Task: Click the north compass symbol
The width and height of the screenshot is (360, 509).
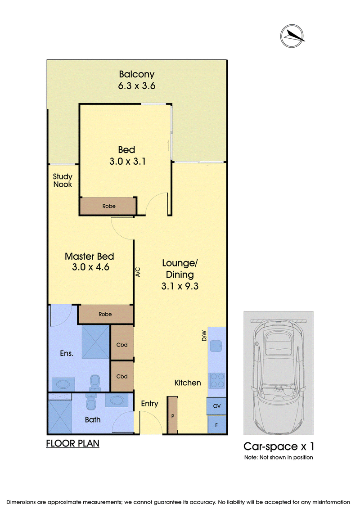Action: pos(292,36)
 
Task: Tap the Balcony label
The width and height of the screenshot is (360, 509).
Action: pos(136,74)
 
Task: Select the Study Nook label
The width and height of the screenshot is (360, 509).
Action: pos(63,180)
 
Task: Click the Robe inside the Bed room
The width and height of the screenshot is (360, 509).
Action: pos(108,206)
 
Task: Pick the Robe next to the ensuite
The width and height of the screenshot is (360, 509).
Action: pos(105,314)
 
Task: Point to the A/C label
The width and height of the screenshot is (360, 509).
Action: pos(138,272)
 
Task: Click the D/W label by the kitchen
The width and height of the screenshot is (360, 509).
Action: pos(204,336)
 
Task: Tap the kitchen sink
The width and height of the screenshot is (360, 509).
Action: pos(216,346)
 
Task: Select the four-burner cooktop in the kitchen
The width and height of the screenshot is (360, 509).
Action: pos(217,380)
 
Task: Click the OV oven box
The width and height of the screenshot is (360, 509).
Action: pos(216,406)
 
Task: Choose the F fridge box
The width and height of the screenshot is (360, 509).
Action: pos(216,424)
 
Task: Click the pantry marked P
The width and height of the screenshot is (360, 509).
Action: pos(173,415)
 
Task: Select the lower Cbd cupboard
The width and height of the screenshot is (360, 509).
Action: pos(122,376)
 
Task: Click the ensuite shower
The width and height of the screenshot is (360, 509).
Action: pos(95,342)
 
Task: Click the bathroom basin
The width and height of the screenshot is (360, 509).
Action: pos(116,401)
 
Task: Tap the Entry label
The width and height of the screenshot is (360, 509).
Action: pos(150,404)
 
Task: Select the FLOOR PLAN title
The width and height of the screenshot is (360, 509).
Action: pos(73,443)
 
